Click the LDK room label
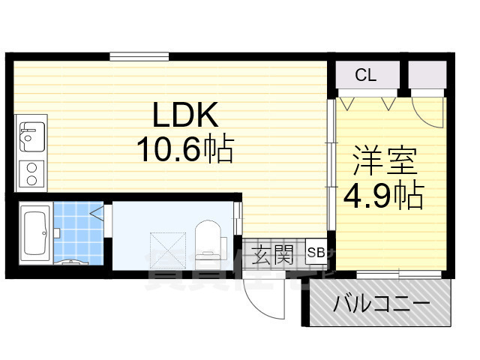185,115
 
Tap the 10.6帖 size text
184,150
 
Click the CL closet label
365,75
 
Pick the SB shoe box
316,253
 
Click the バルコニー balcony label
381,305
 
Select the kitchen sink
30,138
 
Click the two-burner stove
31,173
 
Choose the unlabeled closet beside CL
427,75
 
